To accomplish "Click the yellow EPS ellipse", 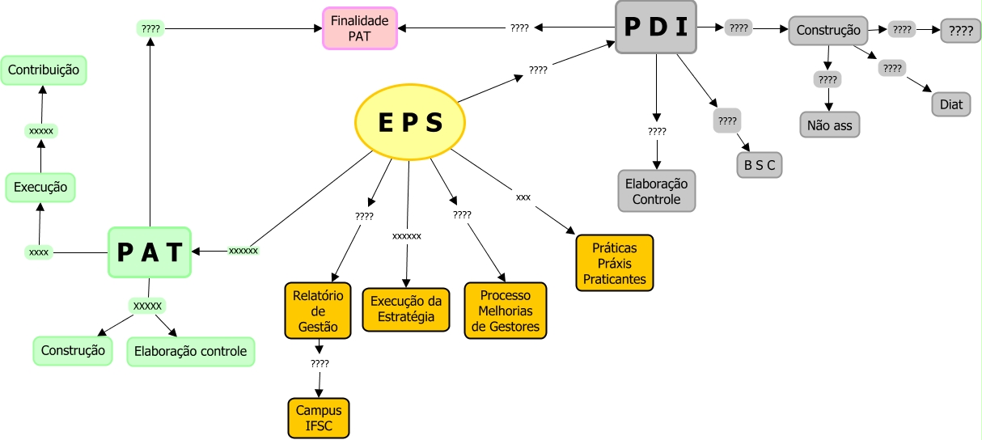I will point(410,122).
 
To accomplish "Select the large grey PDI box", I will point(656,27).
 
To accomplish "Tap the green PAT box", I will point(150,252).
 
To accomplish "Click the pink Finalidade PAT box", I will point(359,28).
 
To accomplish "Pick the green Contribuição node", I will point(44,70).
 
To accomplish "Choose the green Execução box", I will point(40,188).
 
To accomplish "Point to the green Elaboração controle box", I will point(191,352).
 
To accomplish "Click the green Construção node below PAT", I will point(73,351).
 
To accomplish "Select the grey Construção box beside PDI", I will point(828,31).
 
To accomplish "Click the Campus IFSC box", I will point(319,418).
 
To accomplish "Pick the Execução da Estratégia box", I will point(406,310).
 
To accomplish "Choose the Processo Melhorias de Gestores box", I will point(506,310).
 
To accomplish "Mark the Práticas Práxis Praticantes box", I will point(615,263).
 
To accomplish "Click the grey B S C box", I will point(759,165).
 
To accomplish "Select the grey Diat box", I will point(950,104).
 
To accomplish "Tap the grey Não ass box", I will point(829,125).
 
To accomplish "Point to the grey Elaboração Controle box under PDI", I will point(657,191).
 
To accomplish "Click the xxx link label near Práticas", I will point(523,197).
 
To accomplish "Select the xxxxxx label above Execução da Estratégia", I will point(407,236).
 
